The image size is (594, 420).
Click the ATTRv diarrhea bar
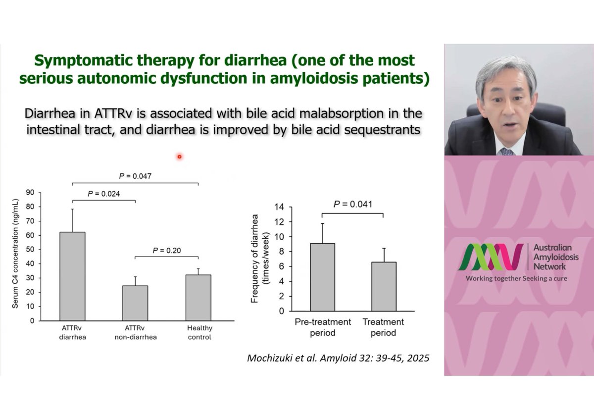72,276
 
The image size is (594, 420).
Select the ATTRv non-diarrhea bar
135,303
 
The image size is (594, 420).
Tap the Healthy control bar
198,297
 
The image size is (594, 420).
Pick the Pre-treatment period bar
322,277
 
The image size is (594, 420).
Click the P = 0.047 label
135,176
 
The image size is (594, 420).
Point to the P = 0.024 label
103,194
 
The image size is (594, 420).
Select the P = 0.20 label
166,251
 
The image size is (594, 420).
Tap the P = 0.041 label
353,204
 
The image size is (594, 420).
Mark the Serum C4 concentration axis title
16,257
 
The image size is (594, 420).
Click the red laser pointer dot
179,157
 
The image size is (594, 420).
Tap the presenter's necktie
506,151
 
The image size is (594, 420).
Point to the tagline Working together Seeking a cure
516,278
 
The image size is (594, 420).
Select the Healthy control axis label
199,332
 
